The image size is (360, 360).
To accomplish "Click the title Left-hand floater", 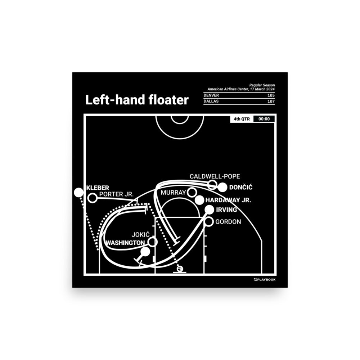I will (x=137, y=100).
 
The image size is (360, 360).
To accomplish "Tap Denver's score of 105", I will (x=271, y=95).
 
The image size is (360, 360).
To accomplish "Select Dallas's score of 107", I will (x=271, y=102).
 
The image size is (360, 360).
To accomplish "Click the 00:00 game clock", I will (x=264, y=119).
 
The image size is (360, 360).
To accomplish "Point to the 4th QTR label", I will (x=242, y=119).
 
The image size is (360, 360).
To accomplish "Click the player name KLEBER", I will (x=98, y=188).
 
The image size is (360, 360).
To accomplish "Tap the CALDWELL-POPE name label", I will (x=215, y=176).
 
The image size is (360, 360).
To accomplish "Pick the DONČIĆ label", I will (x=240, y=187).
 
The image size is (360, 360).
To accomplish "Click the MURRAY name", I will (x=173, y=193).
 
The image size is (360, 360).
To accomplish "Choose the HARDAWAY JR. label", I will (x=228, y=200).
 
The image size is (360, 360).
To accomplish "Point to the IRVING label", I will (x=226, y=210).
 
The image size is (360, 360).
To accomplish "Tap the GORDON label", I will (x=228, y=222).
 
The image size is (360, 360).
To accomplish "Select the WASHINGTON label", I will (x=125, y=243).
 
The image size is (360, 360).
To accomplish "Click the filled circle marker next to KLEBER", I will (x=78, y=193).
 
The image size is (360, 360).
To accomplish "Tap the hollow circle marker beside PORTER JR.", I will (x=93, y=198).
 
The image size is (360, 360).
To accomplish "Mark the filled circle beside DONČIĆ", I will (x=222, y=187).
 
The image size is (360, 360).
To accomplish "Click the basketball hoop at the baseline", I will (x=179, y=269).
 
